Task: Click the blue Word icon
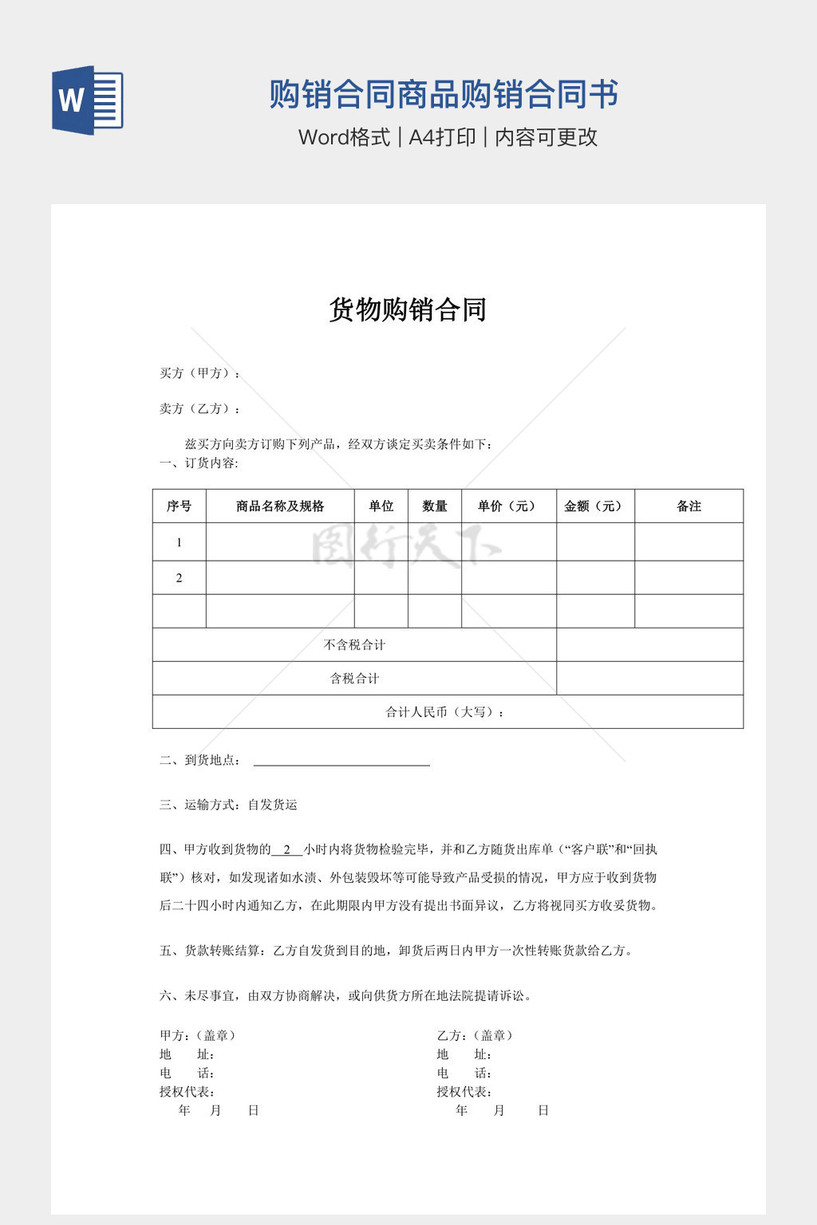click(88, 100)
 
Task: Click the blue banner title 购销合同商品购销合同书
click(444, 94)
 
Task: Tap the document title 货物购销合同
click(408, 309)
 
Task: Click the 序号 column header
click(179, 506)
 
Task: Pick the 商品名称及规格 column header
click(280, 506)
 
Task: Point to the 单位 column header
click(381, 506)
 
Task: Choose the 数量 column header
click(434, 506)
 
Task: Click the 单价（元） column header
click(508, 506)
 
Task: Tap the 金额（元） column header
click(594, 506)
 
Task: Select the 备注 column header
click(689, 506)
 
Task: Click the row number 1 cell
click(179, 542)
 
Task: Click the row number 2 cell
click(179, 578)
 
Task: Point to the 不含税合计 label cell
click(354, 645)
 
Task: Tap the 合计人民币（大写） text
click(446, 712)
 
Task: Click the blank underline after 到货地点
click(341, 761)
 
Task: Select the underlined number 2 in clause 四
click(287, 850)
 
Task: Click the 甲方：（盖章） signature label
click(198, 1036)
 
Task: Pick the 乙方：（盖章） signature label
click(476, 1036)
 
